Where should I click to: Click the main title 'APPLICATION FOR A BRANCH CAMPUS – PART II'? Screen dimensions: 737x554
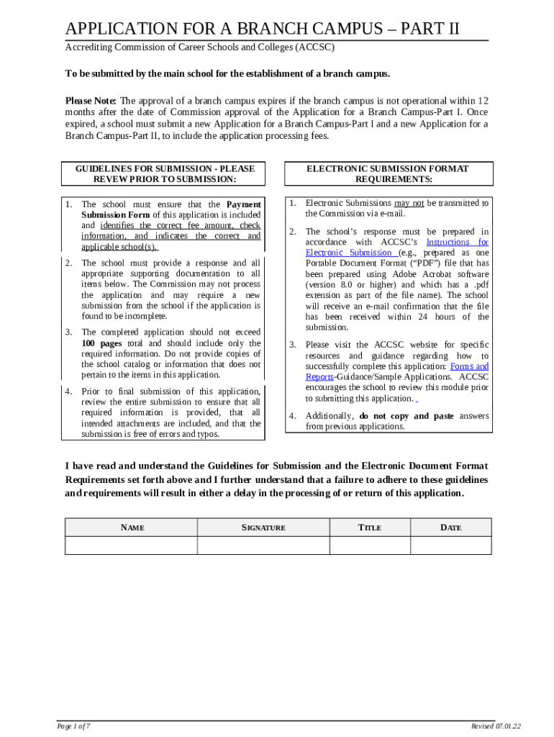click(x=262, y=29)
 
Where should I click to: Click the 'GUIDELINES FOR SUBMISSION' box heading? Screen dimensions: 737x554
click(x=165, y=173)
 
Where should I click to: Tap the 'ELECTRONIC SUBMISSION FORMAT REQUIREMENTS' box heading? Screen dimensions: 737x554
click(x=388, y=173)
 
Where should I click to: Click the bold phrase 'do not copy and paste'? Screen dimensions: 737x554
click(x=407, y=416)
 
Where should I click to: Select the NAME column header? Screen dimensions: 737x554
click(x=132, y=528)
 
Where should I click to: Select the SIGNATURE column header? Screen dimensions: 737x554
click(x=263, y=528)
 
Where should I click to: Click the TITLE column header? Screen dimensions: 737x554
click(x=370, y=528)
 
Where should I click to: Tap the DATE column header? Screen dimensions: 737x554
click(x=450, y=528)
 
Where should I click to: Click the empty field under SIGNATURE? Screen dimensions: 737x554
click(x=263, y=546)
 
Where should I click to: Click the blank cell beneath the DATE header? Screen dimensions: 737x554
click(x=450, y=546)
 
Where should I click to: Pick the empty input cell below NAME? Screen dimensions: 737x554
click(x=132, y=546)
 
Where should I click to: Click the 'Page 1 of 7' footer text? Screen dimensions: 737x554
click(x=74, y=725)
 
